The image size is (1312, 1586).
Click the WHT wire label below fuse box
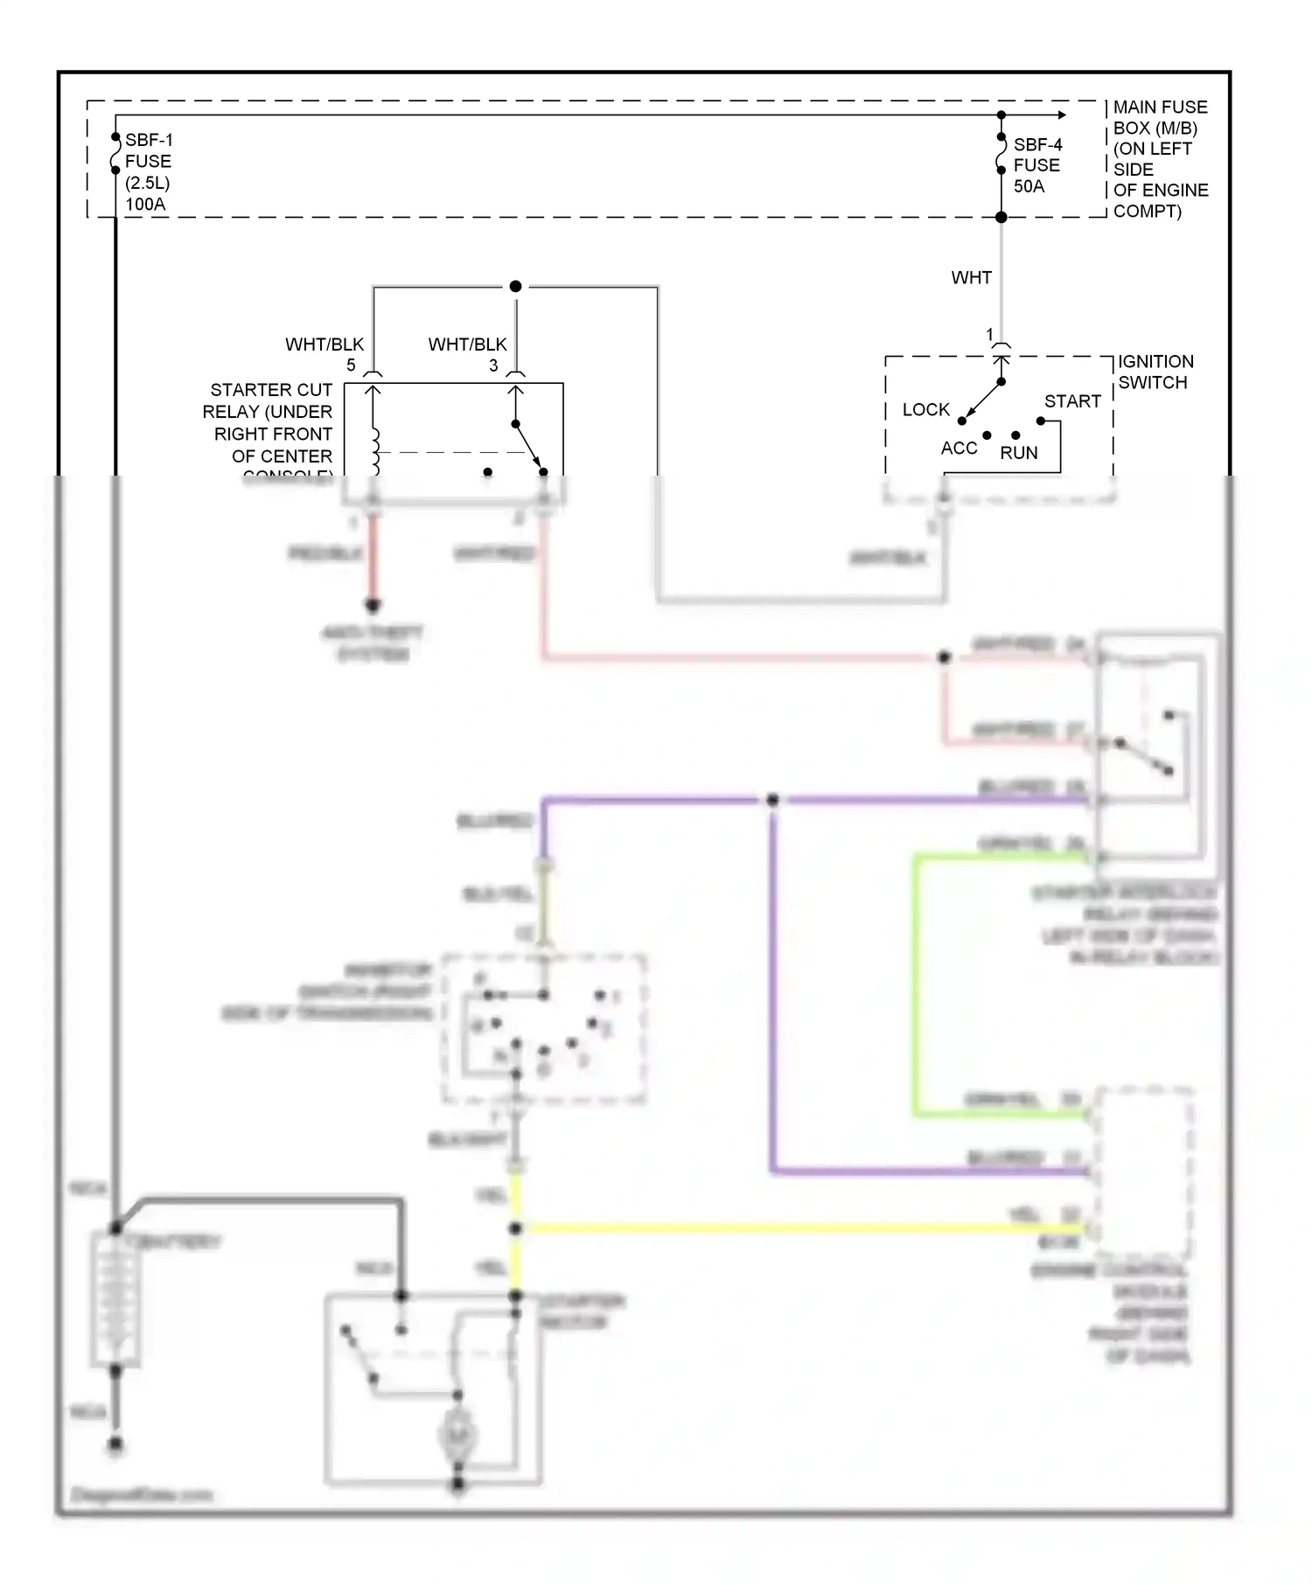point(971,278)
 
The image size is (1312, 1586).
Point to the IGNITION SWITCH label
point(1155,372)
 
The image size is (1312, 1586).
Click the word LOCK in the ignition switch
point(925,409)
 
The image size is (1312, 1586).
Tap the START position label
point(1072,401)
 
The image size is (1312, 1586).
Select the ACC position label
point(959,448)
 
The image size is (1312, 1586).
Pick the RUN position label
point(1019,453)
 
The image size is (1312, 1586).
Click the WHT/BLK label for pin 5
point(324,344)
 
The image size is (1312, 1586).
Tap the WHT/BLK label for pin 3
point(467,344)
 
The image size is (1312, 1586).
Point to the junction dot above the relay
point(515,287)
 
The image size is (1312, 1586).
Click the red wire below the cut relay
point(373,560)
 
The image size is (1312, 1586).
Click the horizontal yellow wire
point(787,1228)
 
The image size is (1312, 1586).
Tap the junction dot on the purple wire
point(772,800)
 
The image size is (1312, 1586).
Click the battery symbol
point(115,1298)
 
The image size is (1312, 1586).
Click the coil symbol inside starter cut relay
point(375,446)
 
